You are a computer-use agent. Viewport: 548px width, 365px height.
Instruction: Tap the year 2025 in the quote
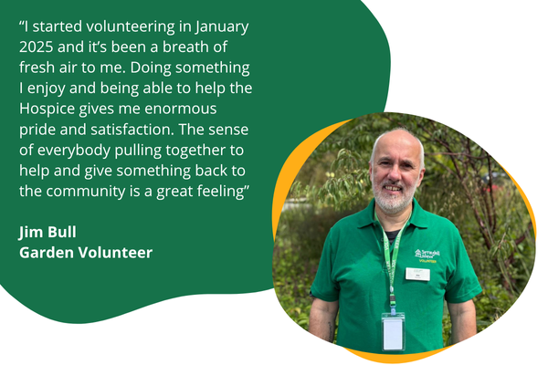click(38, 47)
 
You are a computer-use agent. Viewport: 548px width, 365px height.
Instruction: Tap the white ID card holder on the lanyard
click(393, 331)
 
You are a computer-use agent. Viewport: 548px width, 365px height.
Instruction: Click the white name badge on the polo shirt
click(417, 273)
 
